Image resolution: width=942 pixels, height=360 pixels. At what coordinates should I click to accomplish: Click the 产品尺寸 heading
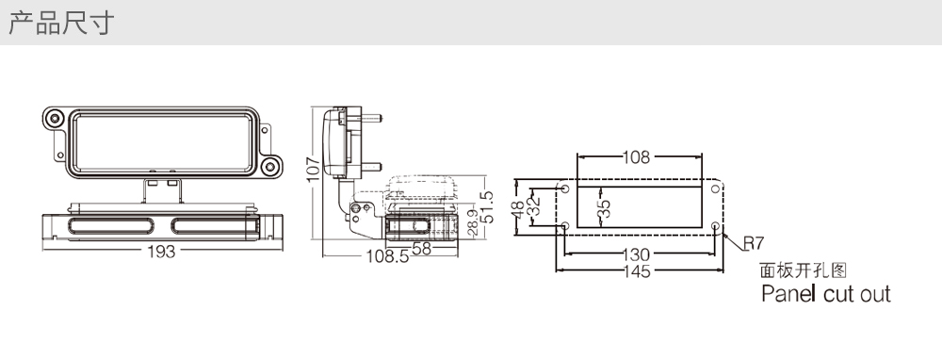[61, 23]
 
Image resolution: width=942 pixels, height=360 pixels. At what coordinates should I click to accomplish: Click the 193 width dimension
[161, 252]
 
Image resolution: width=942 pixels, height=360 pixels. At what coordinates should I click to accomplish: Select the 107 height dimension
[313, 170]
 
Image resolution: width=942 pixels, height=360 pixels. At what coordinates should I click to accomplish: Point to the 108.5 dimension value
[387, 256]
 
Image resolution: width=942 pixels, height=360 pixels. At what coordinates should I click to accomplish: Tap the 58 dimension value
[421, 248]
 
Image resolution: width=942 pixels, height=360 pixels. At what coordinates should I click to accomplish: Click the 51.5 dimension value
[487, 206]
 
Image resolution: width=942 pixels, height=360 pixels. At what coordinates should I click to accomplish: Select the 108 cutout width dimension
[636, 157]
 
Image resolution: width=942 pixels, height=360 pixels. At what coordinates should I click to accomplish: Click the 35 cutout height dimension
[605, 207]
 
